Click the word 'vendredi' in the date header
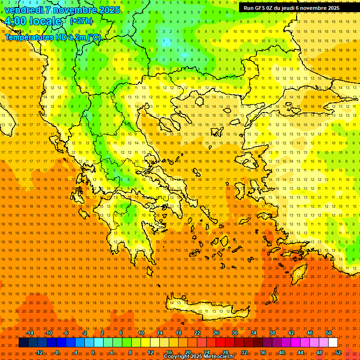23,10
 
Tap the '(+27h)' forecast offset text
81,21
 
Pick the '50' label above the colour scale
328,333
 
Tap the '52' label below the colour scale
337,352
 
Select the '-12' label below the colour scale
39,352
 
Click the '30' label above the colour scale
235,333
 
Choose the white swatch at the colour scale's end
333,343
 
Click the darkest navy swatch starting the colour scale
23,343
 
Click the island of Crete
206,309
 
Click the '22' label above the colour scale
197,333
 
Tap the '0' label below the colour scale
93,352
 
